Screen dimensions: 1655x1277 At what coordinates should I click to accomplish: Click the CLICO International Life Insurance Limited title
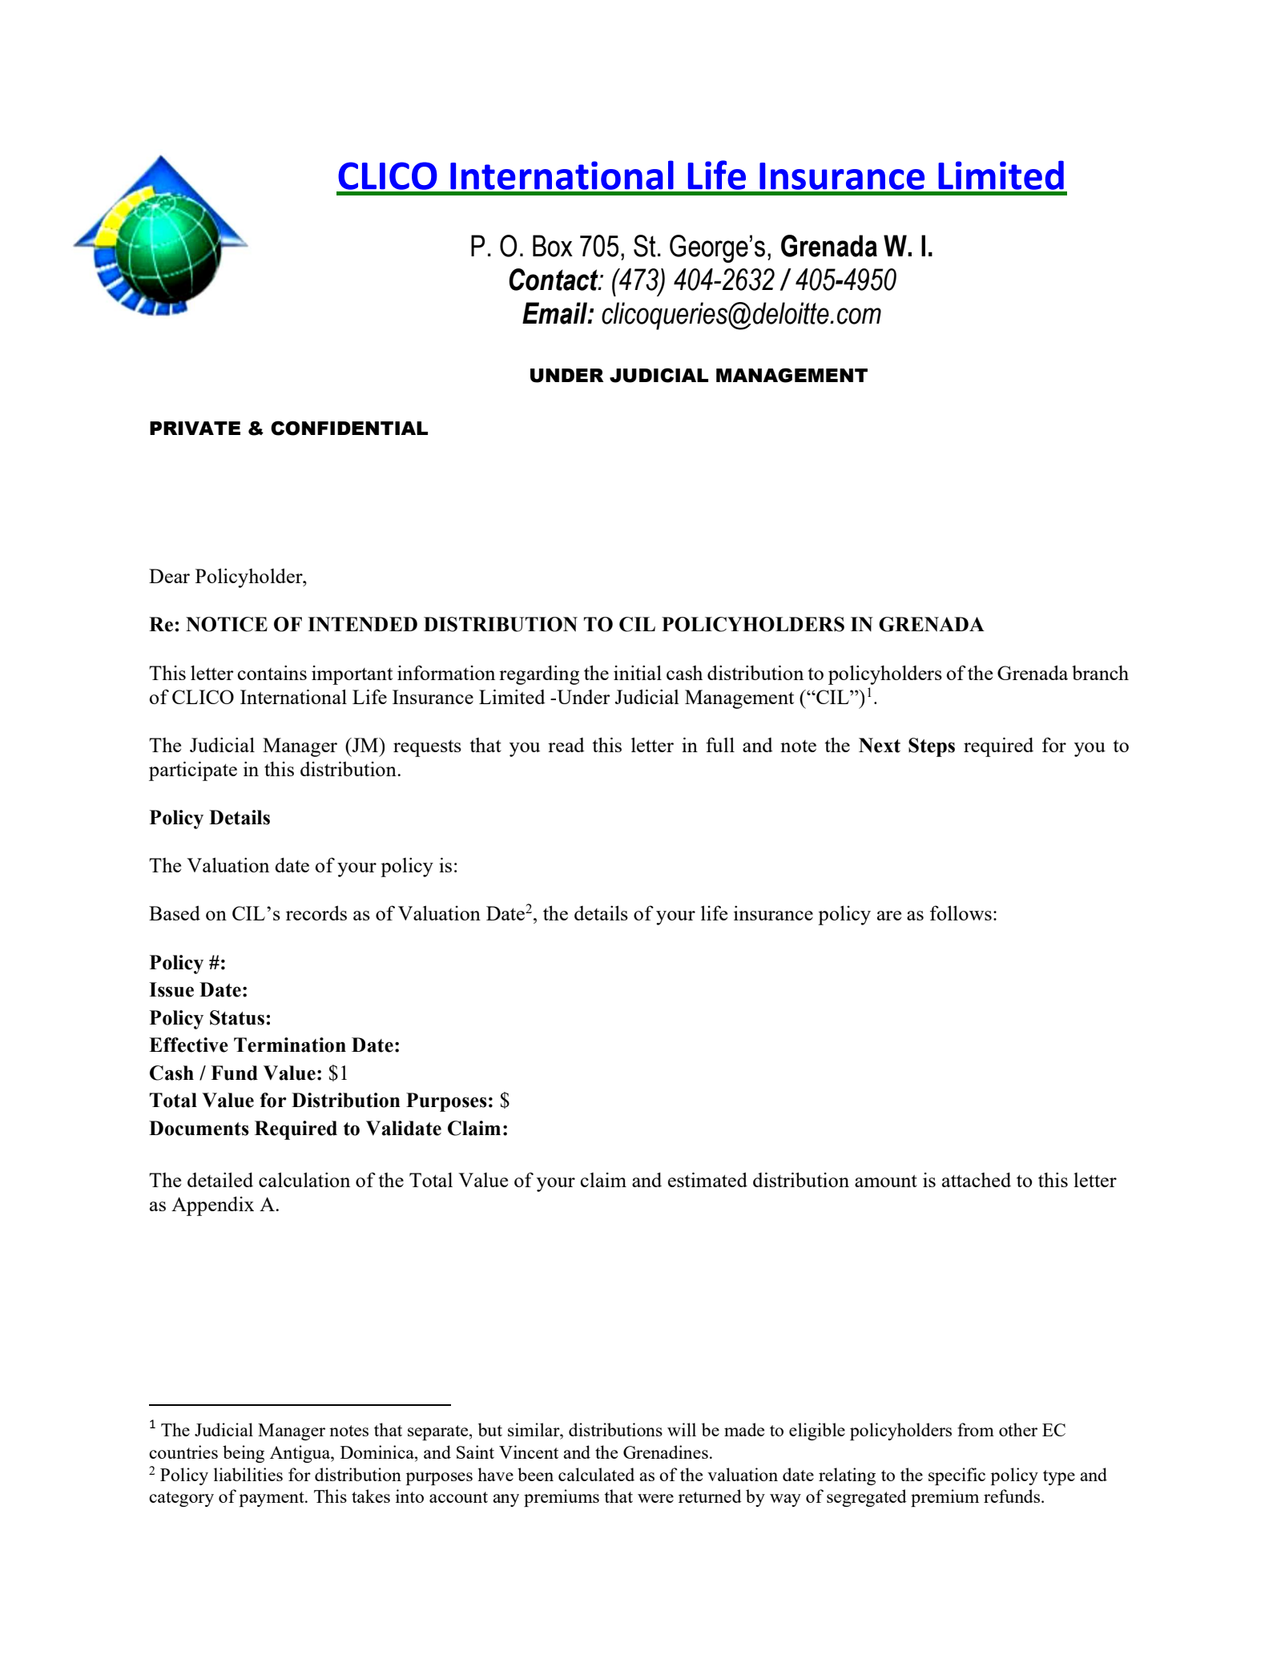(701, 176)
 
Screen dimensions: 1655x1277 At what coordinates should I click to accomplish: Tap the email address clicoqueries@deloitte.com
(741, 314)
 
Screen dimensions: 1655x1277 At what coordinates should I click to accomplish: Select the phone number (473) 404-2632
(693, 280)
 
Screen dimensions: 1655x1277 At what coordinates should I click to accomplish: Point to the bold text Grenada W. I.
(856, 247)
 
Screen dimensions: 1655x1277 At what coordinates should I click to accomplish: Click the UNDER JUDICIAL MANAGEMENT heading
(698, 376)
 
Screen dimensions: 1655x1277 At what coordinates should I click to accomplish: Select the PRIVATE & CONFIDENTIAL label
(288, 429)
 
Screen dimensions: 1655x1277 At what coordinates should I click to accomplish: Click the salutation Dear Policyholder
(228, 577)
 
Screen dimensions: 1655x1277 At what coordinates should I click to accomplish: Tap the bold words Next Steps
(907, 746)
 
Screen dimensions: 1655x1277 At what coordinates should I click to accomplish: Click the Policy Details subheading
(210, 818)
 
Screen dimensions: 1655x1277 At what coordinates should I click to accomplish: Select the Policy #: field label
(187, 963)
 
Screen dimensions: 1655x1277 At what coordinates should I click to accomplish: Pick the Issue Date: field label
(198, 990)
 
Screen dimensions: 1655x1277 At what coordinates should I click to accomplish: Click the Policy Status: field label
(210, 1018)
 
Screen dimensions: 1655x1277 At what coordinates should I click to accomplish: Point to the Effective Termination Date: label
(274, 1045)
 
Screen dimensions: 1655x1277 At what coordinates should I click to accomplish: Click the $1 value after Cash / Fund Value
(338, 1073)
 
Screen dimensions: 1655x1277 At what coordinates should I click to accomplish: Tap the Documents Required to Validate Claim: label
(328, 1129)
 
